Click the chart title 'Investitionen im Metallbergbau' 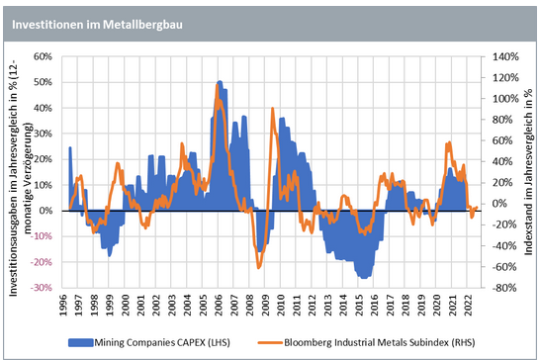click(x=98, y=25)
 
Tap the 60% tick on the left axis click(x=43, y=56)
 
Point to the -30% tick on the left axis click(x=41, y=288)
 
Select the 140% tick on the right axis click(x=505, y=56)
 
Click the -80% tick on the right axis click(x=504, y=288)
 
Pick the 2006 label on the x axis click(x=219, y=305)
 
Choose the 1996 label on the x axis click(x=63, y=305)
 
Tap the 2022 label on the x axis click(x=468, y=305)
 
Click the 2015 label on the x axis click(x=359, y=305)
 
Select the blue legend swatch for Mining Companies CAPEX click(x=80, y=342)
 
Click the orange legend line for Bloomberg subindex click(x=270, y=342)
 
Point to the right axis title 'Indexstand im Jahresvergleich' click(x=528, y=171)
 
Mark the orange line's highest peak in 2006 click(x=217, y=84)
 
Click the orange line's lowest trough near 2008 click(x=259, y=268)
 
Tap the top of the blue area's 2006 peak click(x=220, y=81)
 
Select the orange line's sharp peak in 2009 click(x=272, y=108)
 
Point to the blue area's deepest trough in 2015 click(x=364, y=278)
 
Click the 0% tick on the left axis click(x=45, y=211)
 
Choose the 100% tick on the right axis click(x=505, y=99)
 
